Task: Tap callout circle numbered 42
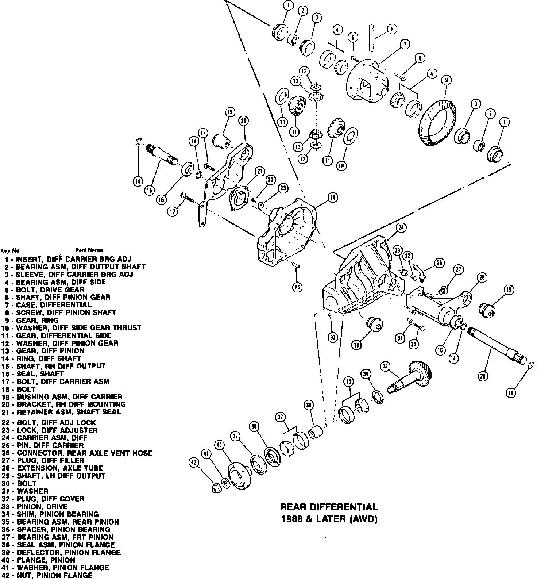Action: [194, 463]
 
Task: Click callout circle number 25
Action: [297, 287]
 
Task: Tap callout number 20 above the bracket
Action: [244, 121]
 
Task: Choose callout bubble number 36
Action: [309, 405]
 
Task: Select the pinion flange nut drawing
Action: [216, 488]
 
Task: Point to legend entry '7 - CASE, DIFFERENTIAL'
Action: [48, 305]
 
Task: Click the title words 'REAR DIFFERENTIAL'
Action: [329, 507]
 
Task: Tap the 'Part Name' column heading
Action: [89, 250]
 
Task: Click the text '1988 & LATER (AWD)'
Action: [329, 519]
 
